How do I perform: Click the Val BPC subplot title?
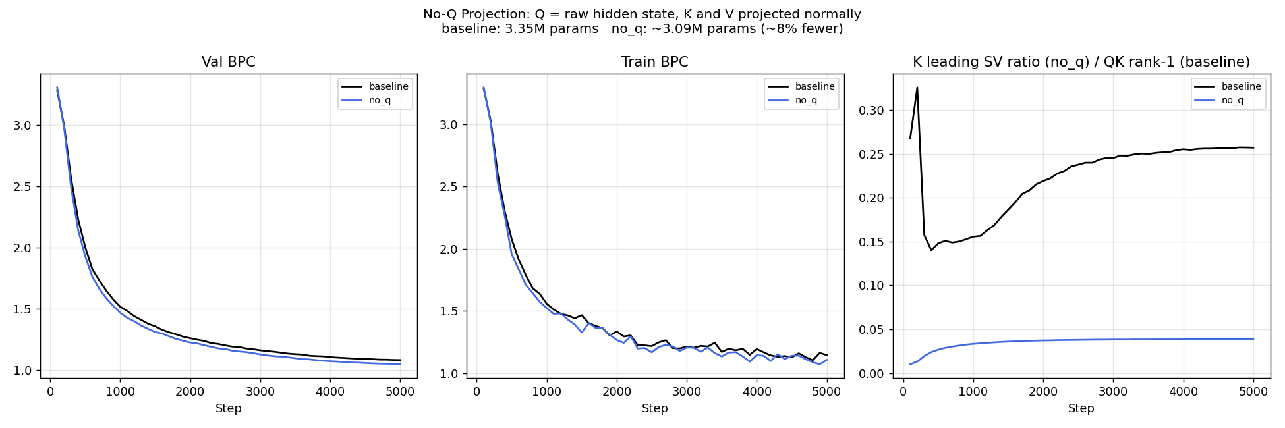(228, 62)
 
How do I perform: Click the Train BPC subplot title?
(654, 62)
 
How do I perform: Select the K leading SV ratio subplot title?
(1081, 62)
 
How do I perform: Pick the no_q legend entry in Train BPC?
(806, 100)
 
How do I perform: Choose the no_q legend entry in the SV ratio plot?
(1232, 100)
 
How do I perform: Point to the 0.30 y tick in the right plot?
(871, 110)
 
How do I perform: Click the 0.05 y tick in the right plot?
(871, 330)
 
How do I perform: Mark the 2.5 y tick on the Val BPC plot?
(22, 187)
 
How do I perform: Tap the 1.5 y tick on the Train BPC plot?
(449, 311)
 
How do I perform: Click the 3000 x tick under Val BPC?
(260, 392)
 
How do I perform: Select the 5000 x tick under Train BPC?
(827, 392)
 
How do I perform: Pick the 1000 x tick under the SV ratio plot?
(973, 392)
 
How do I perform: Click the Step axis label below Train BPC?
(654, 408)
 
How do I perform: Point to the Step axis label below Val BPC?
(228, 408)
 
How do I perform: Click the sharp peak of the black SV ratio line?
(917, 88)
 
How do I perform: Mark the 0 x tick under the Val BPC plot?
(50, 392)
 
